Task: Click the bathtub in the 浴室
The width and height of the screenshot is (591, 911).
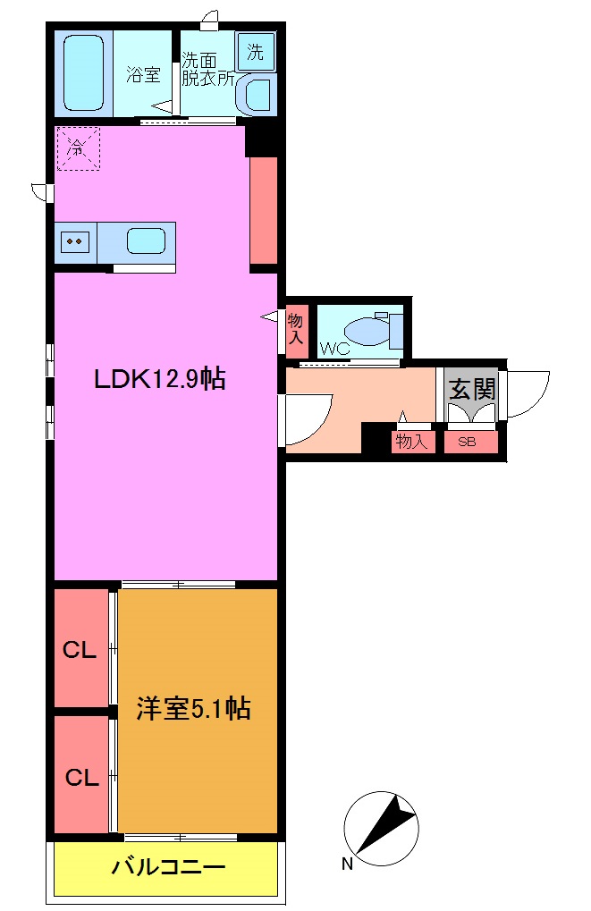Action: pyautogui.click(x=83, y=73)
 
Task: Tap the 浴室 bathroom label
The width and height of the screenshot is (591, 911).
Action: pyautogui.click(x=143, y=74)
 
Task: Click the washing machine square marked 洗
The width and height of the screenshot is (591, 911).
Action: pyautogui.click(x=256, y=52)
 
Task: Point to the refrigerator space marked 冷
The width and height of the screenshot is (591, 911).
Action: pyautogui.click(x=78, y=148)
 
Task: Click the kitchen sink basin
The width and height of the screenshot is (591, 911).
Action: pyautogui.click(x=146, y=240)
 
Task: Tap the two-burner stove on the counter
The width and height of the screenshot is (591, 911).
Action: pyautogui.click(x=75, y=240)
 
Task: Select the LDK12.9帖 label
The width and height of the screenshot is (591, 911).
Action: pyautogui.click(x=159, y=379)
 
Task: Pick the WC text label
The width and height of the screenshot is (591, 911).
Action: pyautogui.click(x=334, y=349)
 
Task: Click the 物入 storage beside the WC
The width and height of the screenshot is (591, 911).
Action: pyautogui.click(x=296, y=330)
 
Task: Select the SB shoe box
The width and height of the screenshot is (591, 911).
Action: pyautogui.click(x=467, y=442)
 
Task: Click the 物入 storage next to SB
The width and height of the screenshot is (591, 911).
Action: pyautogui.click(x=412, y=442)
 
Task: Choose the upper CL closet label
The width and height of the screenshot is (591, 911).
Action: pyautogui.click(x=80, y=651)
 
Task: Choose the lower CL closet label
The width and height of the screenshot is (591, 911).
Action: pyautogui.click(x=80, y=778)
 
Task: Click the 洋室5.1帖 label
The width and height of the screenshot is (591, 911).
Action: pyautogui.click(x=193, y=709)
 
